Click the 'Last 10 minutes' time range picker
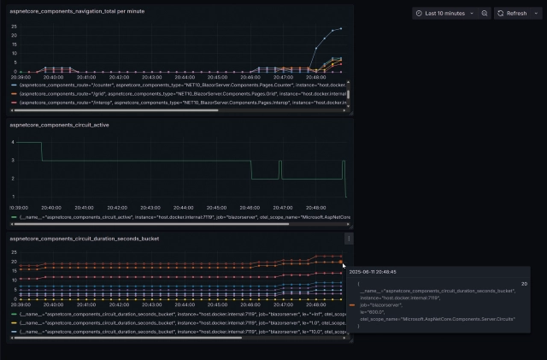[441, 14]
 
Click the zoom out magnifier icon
[485, 14]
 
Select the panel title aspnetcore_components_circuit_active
[59, 125]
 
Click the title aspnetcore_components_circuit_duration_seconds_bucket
[84, 239]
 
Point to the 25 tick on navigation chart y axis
[14, 26]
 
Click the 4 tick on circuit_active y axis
[13, 141]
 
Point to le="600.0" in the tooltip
[370, 311]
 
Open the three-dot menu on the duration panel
[349, 239]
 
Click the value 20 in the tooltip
[524, 283]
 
